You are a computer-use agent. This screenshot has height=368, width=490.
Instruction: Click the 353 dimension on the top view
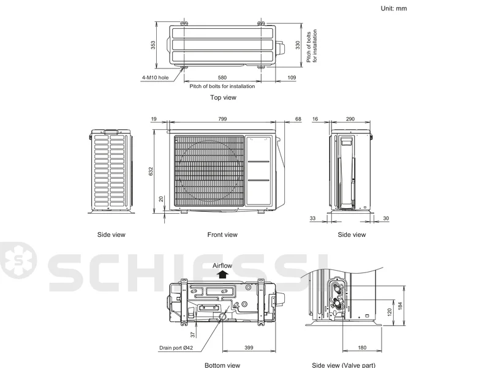[153, 45]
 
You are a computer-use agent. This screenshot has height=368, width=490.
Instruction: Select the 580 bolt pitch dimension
[222, 78]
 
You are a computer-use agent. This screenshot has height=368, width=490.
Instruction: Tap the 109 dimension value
[292, 78]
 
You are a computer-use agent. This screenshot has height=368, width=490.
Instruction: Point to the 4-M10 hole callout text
[156, 78]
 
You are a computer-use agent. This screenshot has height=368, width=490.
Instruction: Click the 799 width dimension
[222, 119]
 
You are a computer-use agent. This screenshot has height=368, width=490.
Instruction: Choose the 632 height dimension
[151, 171]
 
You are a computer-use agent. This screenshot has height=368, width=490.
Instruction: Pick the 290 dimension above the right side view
[350, 119]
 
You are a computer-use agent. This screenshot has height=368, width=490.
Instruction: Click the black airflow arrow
[223, 274]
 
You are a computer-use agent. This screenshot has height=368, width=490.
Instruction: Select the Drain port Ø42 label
[176, 348]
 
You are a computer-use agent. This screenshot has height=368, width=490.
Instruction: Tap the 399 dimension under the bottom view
[249, 347]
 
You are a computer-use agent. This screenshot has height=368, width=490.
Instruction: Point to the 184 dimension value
[401, 306]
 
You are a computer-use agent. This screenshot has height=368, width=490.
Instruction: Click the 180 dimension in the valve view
[362, 347]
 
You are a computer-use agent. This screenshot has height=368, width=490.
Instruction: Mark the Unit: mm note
[394, 9]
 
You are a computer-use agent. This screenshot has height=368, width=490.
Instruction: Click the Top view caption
[223, 97]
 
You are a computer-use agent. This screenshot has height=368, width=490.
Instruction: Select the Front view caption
[222, 235]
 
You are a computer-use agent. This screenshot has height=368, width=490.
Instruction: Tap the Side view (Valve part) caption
[344, 365]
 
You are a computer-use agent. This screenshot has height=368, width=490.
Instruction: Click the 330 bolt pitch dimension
[298, 45]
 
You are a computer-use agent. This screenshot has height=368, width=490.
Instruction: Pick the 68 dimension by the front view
[298, 119]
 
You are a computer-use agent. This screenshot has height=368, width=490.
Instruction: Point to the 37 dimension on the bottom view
[193, 334]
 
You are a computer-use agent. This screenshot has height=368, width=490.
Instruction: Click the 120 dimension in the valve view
[390, 312]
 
